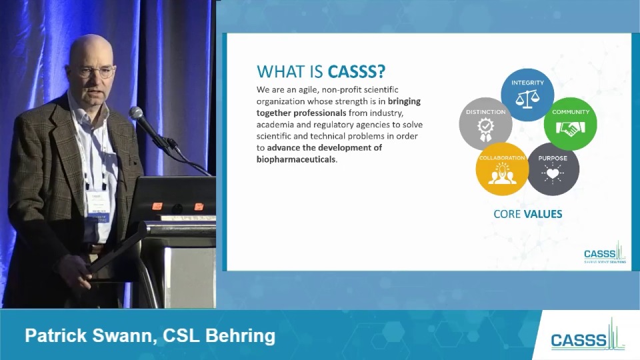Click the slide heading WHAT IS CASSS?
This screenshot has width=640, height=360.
tap(321, 72)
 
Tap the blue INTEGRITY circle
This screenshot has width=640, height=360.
tap(527, 95)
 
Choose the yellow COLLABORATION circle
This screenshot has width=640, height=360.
tap(502, 169)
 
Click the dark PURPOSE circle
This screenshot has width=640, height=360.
tap(553, 169)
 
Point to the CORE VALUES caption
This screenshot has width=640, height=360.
tap(527, 214)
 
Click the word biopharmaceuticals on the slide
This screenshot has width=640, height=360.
tap(296, 159)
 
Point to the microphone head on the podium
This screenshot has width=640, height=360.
tap(137, 114)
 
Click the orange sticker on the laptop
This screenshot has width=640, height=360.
tap(157, 206)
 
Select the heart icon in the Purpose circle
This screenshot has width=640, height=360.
tap(553, 174)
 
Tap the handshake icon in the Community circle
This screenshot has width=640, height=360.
tap(570, 129)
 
